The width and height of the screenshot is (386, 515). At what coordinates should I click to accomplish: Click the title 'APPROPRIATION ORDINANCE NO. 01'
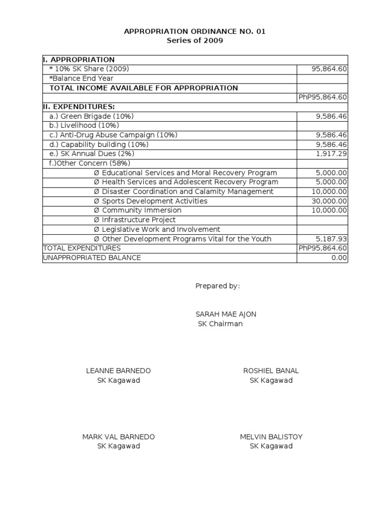pos(195,32)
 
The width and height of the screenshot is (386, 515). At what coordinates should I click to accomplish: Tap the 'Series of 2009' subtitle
pos(195,41)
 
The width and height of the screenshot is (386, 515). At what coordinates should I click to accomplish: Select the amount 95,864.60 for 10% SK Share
pos(329,69)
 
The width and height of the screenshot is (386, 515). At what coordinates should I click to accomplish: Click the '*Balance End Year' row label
pos(81,78)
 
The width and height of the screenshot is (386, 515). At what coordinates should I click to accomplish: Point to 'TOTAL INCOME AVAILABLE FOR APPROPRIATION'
pos(143,88)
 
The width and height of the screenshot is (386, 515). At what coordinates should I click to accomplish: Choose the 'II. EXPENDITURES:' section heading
pos(79,107)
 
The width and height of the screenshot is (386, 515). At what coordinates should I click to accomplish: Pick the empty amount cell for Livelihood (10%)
pos(322,126)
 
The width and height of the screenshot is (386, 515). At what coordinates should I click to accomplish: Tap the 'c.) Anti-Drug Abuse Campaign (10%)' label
pos(113,135)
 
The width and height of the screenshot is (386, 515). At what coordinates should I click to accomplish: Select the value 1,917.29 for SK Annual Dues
pos(331,154)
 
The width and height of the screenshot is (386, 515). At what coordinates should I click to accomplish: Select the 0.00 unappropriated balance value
pos(339,257)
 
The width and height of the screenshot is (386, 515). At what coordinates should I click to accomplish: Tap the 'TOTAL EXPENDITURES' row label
pos(82,248)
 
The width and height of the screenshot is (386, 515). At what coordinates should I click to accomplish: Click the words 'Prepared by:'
pos(218,286)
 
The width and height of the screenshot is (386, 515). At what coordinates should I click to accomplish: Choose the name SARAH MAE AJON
pos(226,314)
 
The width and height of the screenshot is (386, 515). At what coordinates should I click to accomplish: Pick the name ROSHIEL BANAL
pos(271,371)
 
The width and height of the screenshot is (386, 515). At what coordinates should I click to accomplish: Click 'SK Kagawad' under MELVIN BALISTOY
pos(271,446)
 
